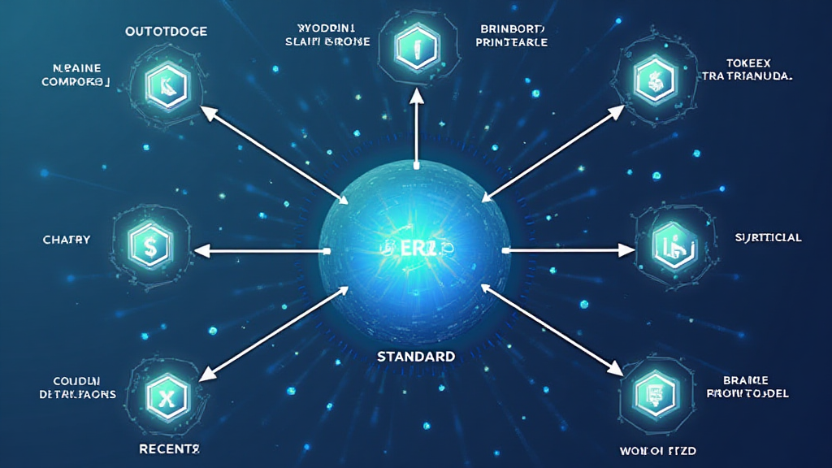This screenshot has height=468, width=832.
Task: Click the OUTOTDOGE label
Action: click(166, 32)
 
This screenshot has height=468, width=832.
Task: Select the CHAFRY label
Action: click(66, 240)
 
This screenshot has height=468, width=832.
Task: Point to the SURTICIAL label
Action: click(768, 238)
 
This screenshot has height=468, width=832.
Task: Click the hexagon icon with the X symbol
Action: click(166, 396)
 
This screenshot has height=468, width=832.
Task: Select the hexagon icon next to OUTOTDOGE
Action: click(167, 83)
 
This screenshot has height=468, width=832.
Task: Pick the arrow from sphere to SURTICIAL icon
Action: click(570, 250)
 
